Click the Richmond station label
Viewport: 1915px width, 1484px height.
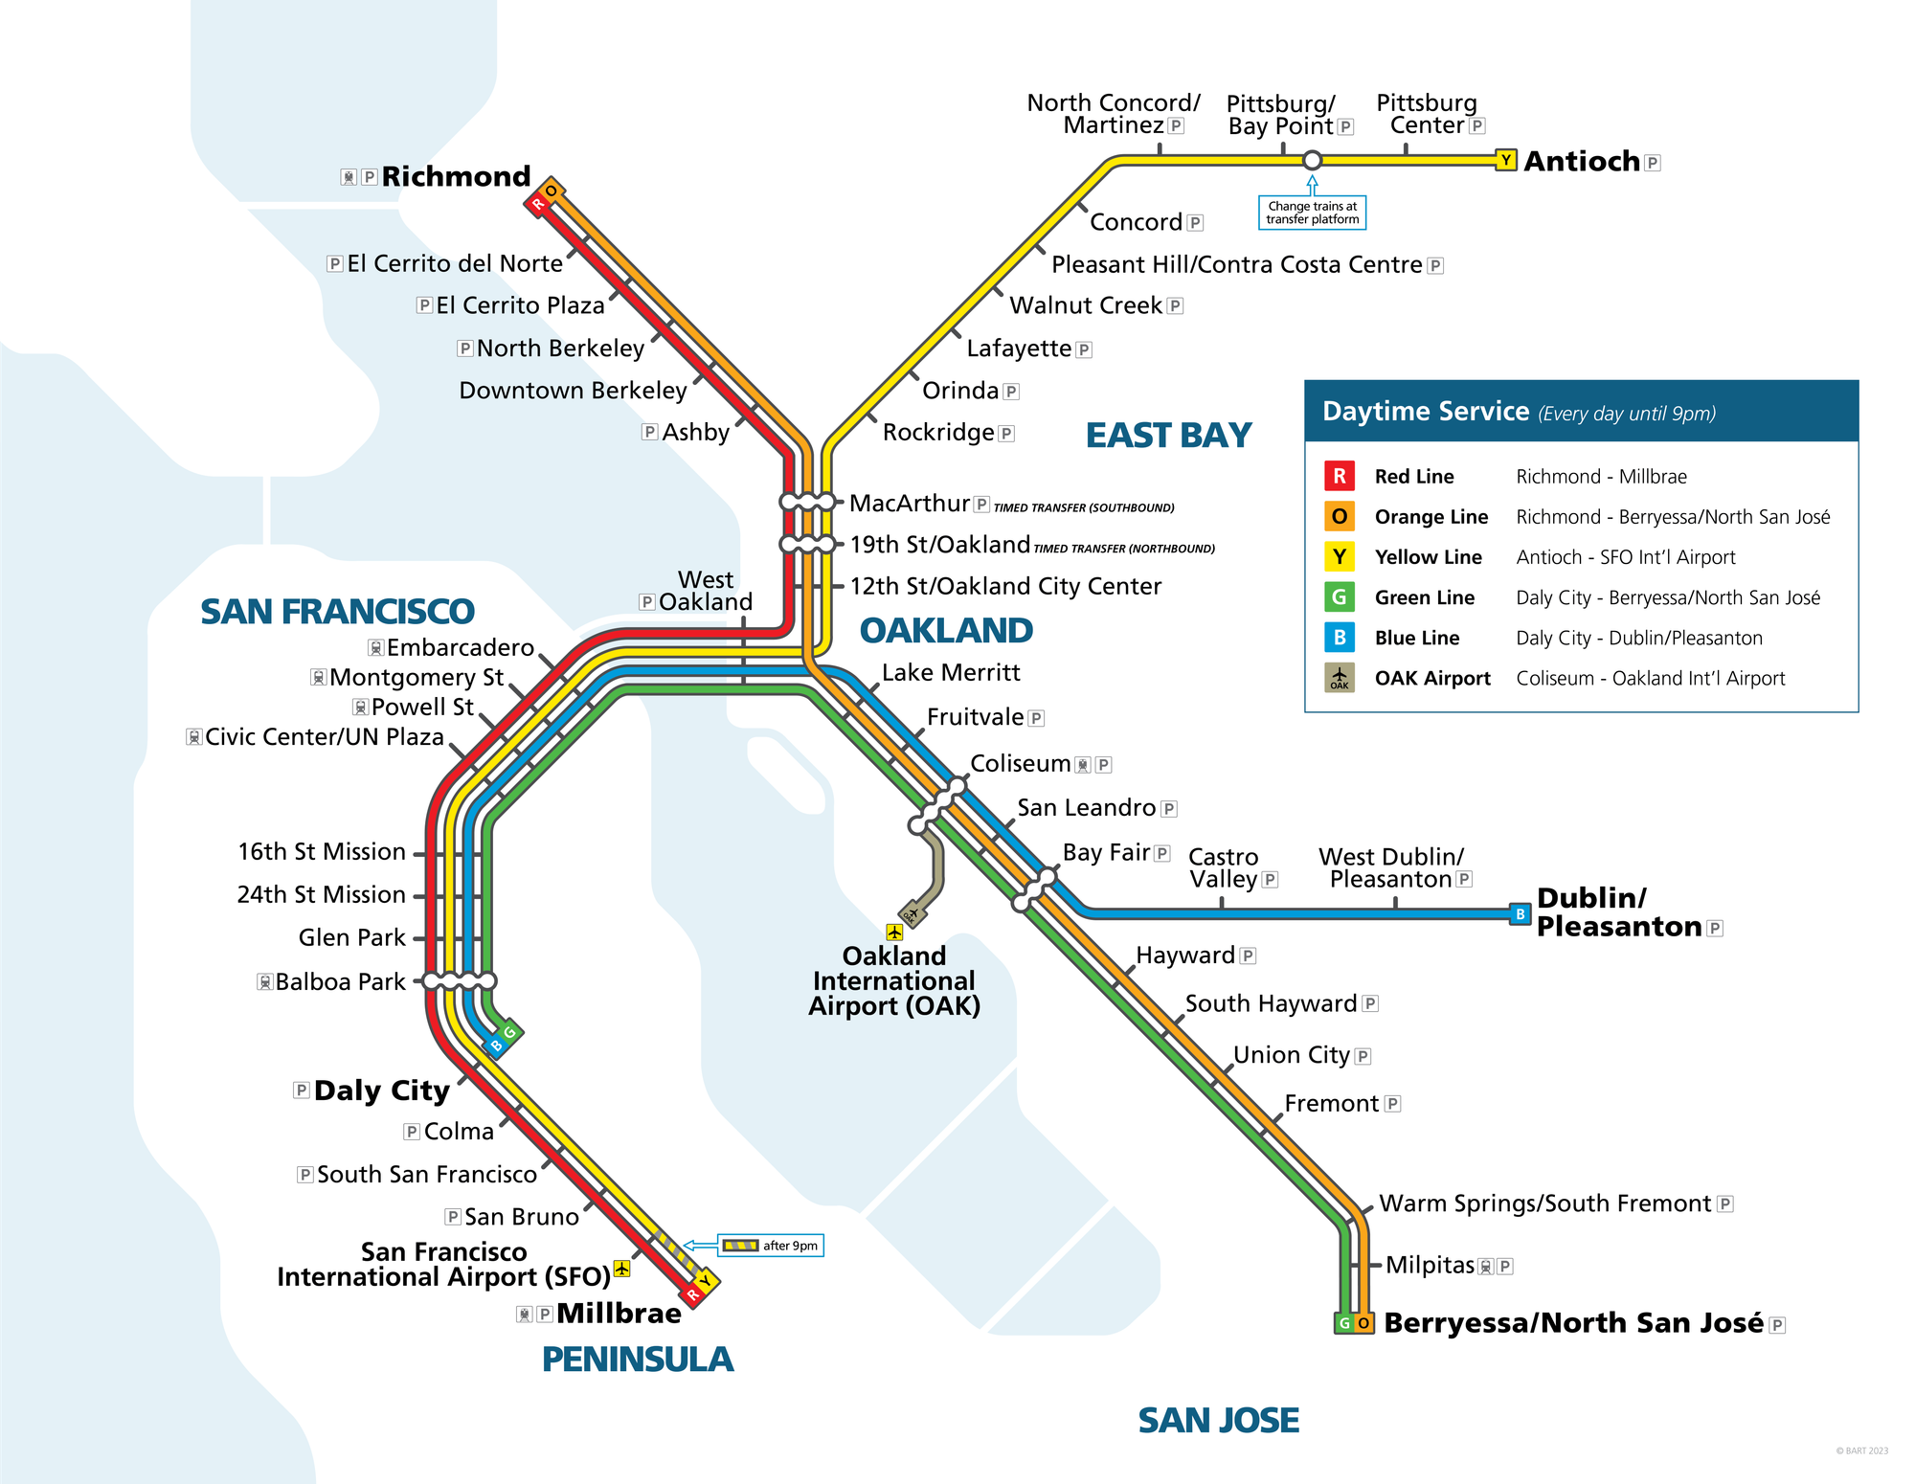pos(456,177)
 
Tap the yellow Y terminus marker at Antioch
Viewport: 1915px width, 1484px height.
pos(1505,160)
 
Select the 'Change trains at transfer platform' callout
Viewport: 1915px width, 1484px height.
pos(1312,213)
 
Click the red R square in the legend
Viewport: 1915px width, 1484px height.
pos(1339,476)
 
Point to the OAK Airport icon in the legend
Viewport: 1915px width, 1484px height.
pos(1339,678)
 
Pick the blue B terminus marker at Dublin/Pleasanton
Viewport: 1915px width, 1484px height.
pos(1520,913)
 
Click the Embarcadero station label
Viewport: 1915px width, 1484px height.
pos(460,648)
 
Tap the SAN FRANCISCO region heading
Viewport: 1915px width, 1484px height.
pos(337,612)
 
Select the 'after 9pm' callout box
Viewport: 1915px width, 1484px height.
pos(771,1246)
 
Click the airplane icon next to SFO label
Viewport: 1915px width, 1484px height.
pos(622,1269)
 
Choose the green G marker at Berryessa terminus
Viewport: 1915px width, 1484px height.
pos(1344,1323)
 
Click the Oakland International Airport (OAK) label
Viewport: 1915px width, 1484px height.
pos(894,981)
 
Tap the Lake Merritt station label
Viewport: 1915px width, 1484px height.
pos(950,673)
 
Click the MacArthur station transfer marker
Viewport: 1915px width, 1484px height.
pos(807,502)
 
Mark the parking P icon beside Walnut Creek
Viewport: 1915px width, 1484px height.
pos(1176,306)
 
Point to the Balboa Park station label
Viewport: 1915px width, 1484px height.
pos(340,982)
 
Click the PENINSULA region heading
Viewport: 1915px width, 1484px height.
pos(637,1360)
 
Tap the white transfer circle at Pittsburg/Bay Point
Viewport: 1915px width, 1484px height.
pos(1312,160)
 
